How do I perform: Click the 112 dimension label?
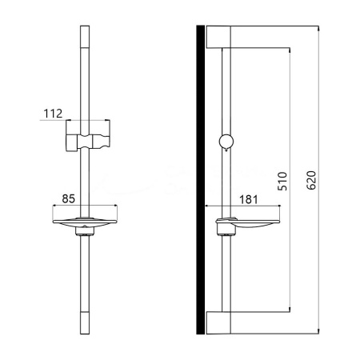click(53, 113)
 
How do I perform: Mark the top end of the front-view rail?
click(86, 30)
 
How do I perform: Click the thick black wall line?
click(201, 180)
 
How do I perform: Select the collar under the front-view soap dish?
click(86, 234)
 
